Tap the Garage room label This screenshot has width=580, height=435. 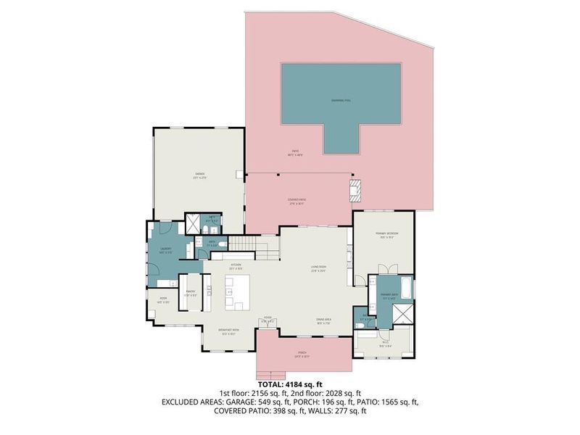tap(199, 175)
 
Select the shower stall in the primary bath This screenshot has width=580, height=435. tap(401, 314)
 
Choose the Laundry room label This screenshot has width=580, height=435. tap(165, 251)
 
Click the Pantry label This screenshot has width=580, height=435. tap(190, 294)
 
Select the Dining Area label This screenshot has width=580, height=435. tap(323, 320)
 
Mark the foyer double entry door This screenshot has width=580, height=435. tap(268, 328)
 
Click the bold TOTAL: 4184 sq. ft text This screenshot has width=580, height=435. tap(290, 385)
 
